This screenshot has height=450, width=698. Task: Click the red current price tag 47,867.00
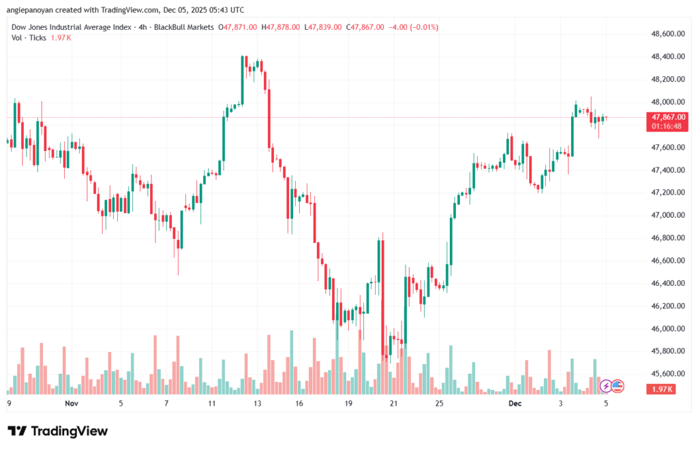pos(668,117)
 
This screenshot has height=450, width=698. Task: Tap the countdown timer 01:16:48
pos(668,126)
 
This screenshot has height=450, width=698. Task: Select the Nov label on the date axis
pos(72,403)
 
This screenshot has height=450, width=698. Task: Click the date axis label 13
pos(258,403)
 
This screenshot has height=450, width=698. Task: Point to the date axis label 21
pos(393,403)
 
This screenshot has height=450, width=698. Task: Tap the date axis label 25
pos(440,403)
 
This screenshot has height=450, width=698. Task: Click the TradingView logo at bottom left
pos(58,431)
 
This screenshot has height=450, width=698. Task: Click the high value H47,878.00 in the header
pos(283,27)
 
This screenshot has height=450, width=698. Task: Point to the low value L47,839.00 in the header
pos(324,27)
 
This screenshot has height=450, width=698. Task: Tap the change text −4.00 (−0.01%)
pos(413,27)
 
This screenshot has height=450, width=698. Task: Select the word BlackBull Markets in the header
pos(185,27)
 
